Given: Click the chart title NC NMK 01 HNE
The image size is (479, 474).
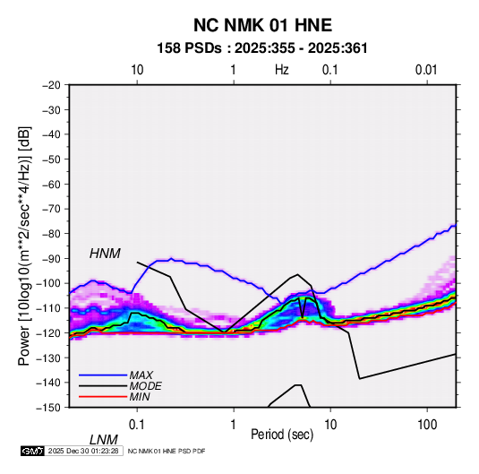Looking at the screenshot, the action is (x=262, y=25).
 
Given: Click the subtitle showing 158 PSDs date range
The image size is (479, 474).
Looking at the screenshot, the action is (x=262, y=48).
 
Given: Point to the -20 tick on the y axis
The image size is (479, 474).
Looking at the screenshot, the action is (x=51, y=85).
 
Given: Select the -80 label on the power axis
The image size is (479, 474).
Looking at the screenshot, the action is (x=51, y=234).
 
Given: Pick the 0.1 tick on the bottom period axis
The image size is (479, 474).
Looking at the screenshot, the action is (x=136, y=425).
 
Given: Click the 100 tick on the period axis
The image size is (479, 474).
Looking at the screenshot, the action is (x=427, y=425).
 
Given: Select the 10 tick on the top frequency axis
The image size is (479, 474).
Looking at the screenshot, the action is (x=137, y=70).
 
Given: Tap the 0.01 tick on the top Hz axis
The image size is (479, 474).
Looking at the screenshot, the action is (x=426, y=70).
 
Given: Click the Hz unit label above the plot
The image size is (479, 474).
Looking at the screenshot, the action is (x=282, y=70).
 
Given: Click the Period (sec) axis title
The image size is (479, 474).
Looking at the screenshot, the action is (x=282, y=435).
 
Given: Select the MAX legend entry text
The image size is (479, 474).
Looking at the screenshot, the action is (x=141, y=375).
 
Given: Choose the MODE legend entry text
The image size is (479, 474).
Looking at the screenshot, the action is (x=145, y=386).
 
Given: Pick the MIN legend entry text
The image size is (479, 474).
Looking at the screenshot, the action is (x=140, y=397).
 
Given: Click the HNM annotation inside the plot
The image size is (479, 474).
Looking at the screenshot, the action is (x=105, y=254).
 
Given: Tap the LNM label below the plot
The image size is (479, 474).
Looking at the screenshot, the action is (x=104, y=440).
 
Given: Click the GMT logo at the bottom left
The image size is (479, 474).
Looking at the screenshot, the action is (x=33, y=451).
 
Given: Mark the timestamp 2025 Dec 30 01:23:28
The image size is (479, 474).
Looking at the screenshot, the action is (x=83, y=451).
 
